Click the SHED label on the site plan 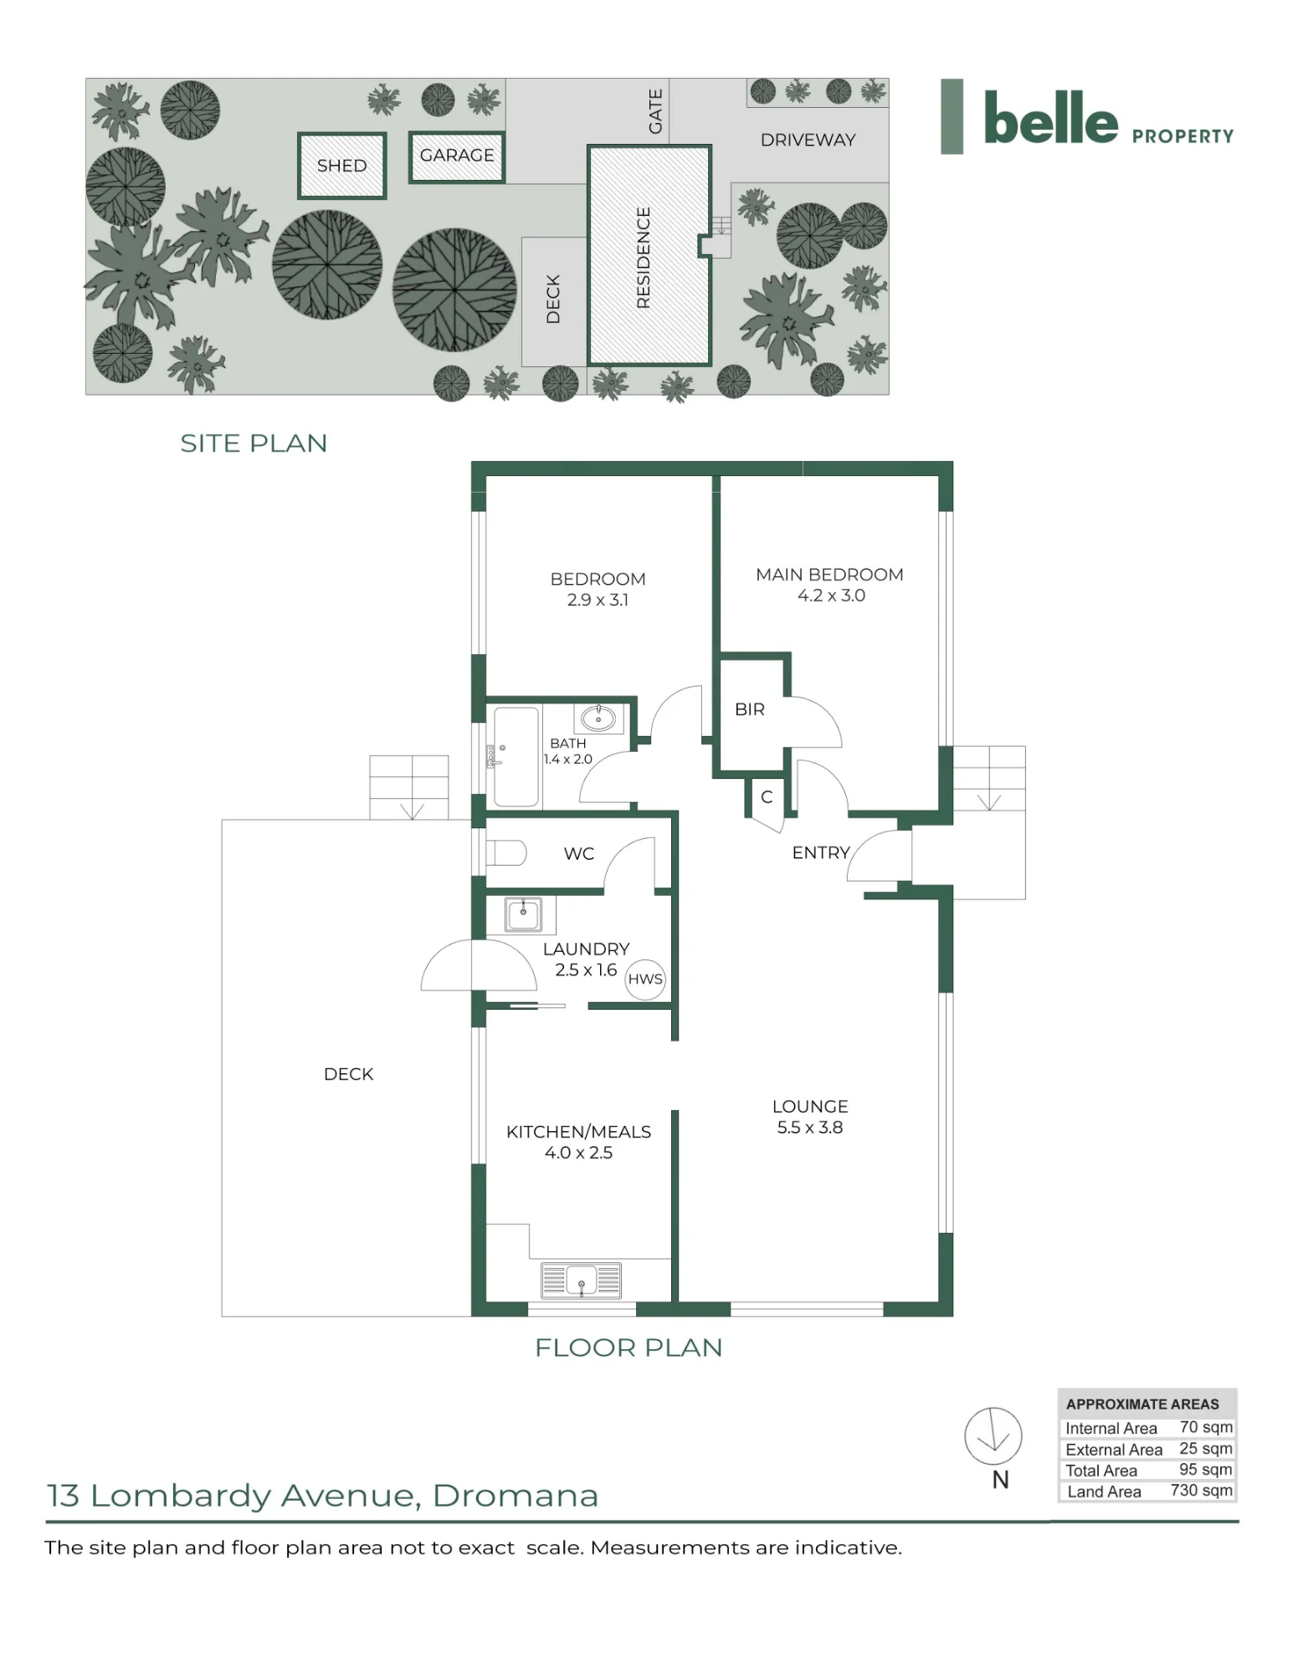coord(341,166)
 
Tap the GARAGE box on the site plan coord(457,156)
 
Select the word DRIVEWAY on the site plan coord(808,140)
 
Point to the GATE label coord(655,111)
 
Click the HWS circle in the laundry coord(645,979)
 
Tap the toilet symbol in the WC coord(506,853)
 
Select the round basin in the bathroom coord(598,718)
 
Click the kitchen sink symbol coord(582,1280)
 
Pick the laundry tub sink coord(524,914)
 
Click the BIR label coord(749,709)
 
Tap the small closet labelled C coord(767,797)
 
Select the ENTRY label coord(821,852)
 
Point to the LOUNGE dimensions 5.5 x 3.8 coord(809,1127)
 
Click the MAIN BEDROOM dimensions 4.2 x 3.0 coord(831,596)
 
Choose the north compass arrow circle coord(993,1435)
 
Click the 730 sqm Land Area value coord(1201,1490)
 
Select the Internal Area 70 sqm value coord(1206,1427)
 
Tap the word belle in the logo coord(1050,118)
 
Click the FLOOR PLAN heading coord(629,1348)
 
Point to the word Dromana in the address coord(516,1496)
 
